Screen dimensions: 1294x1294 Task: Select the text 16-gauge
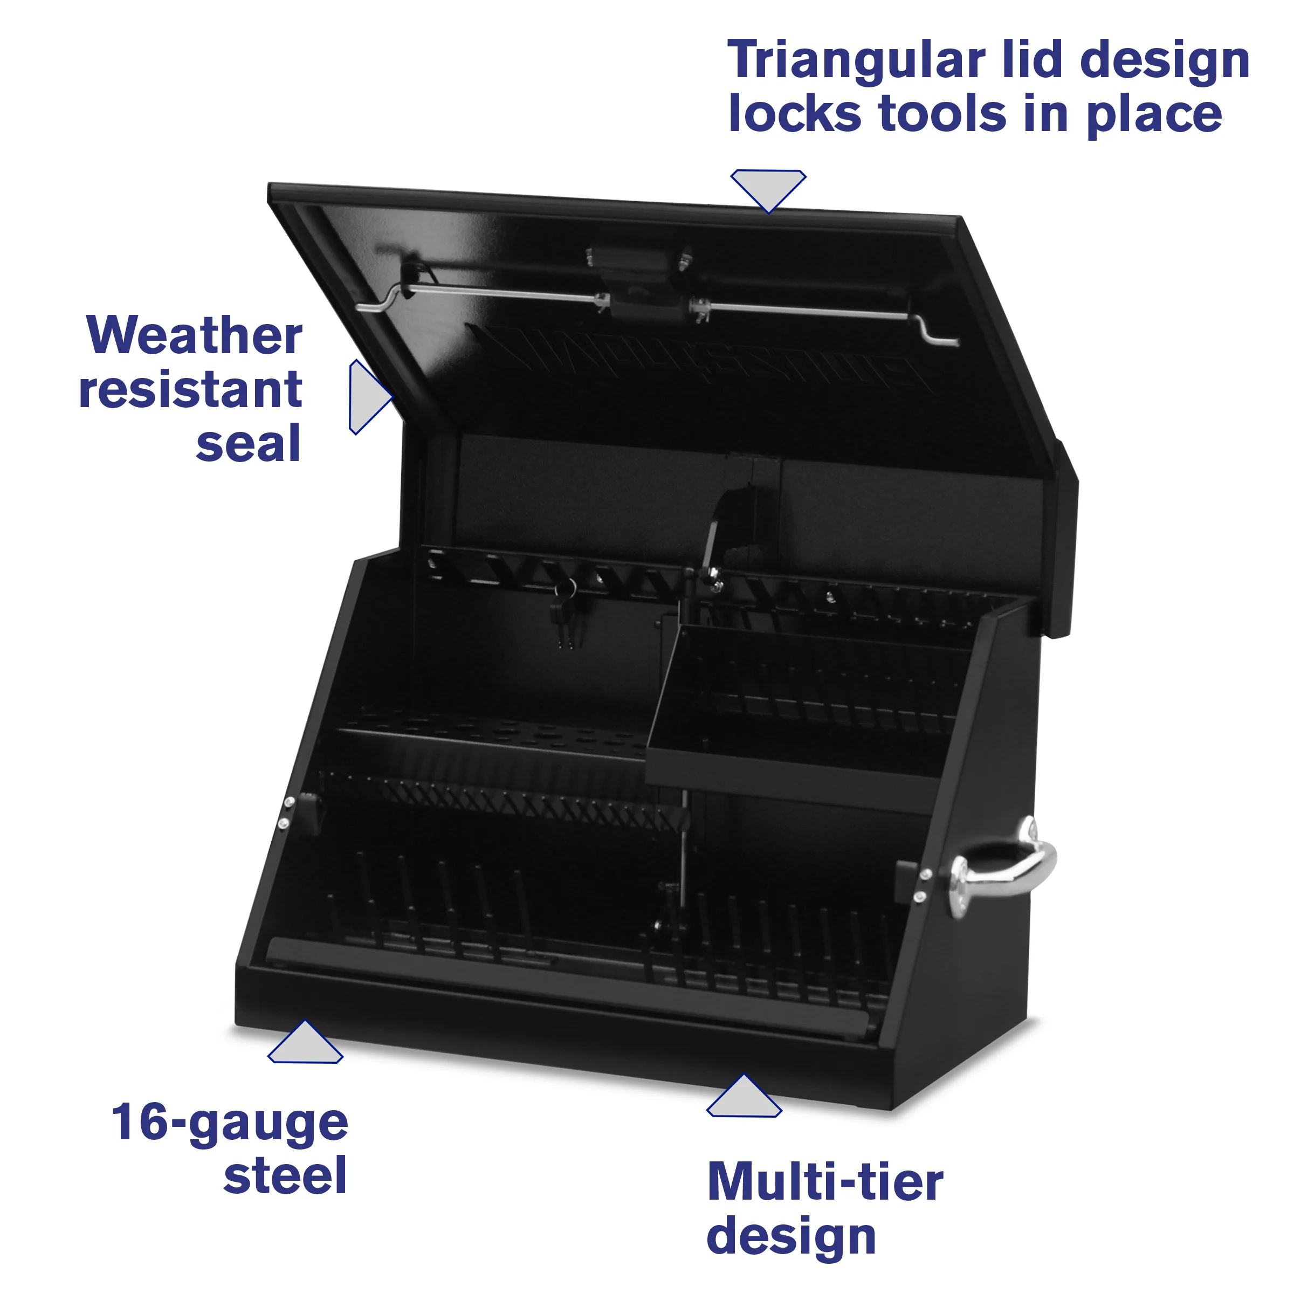230,1123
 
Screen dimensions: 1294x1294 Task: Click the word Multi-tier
825,1183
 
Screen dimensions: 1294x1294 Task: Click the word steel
285,1175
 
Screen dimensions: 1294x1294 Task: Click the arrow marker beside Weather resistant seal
368,396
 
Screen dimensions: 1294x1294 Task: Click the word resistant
191,390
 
